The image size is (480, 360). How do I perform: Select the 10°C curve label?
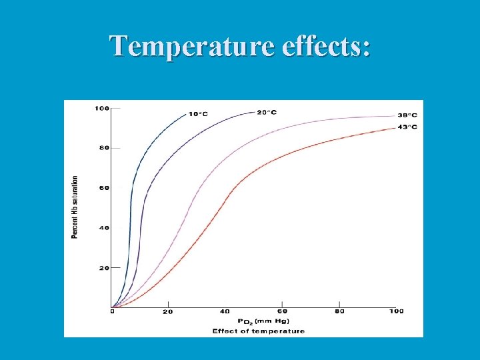click(198, 114)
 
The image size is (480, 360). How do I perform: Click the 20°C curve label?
click(266, 112)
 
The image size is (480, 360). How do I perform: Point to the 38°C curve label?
click(407, 115)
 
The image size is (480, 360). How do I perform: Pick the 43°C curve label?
click(407, 127)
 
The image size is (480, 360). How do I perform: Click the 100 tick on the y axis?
click(102, 108)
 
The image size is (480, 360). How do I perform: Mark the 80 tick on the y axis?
click(104, 148)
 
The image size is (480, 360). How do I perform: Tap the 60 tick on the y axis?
click(104, 188)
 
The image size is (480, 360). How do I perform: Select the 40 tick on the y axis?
click(104, 228)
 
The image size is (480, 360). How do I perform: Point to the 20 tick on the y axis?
click(104, 268)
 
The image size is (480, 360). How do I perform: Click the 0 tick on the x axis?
click(113, 311)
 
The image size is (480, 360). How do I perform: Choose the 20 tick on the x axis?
click(168, 312)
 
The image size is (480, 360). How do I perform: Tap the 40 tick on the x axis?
click(225, 311)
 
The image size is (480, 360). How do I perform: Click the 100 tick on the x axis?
click(396, 311)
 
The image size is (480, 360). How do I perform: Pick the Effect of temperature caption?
click(259, 331)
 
